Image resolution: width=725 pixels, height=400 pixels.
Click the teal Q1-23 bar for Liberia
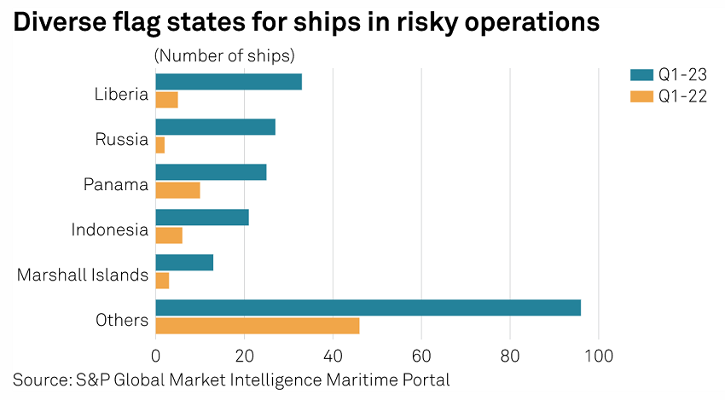coord(229,82)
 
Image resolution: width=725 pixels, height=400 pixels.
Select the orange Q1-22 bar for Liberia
coord(167,100)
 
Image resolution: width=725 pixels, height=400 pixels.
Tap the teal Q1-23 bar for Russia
coord(216,127)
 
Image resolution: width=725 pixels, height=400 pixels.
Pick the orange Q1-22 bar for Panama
coord(178,190)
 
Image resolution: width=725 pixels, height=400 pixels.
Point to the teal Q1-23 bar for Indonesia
coord(202,217)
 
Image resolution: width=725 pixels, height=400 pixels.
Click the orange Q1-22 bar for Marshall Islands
coord(163,281)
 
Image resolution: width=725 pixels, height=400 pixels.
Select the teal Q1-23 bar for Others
coord(368,308)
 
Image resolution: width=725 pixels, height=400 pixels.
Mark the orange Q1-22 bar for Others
coord(258,326)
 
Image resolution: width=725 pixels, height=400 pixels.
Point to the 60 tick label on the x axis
coord(421,354)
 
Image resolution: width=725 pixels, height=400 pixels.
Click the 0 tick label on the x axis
coord(156,354)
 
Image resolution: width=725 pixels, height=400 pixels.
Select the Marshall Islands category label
coord(83,275)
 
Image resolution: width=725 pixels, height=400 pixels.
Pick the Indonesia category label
coord(110,229)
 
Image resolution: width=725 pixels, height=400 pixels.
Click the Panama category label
coord(116,184)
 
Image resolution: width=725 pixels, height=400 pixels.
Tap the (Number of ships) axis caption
coord(224,55)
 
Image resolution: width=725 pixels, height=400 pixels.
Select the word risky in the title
coord(434,23)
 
